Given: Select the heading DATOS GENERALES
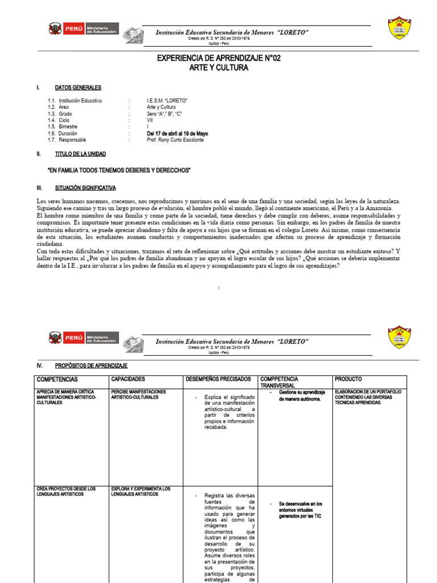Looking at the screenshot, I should coord(78,88).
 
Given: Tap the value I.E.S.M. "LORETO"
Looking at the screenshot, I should coord(167,100).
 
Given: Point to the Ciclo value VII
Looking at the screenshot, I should coord(150,120).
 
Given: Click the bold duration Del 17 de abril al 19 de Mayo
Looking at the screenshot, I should coord(177,133).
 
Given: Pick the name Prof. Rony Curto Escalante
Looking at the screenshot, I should coord(175,140).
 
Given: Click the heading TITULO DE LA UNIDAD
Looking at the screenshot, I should coord(80,154).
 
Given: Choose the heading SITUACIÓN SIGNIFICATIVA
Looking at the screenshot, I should coord(85,187).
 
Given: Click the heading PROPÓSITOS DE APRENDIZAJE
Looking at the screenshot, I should coord(91,366).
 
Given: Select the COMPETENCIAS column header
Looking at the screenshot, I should coord(57,379).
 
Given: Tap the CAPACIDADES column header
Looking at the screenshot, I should coord(129,379).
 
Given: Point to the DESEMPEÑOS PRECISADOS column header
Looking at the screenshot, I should coord(218,379).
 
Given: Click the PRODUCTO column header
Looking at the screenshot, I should coord(348,379).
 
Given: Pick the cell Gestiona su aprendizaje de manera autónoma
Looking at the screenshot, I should coord(302,396).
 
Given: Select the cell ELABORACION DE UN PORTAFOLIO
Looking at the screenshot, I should coord(369,397).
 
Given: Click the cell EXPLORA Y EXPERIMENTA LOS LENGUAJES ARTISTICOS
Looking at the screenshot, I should coord(141,491).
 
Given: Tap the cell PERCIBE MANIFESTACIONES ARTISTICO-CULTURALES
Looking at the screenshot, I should coord(138,395).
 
